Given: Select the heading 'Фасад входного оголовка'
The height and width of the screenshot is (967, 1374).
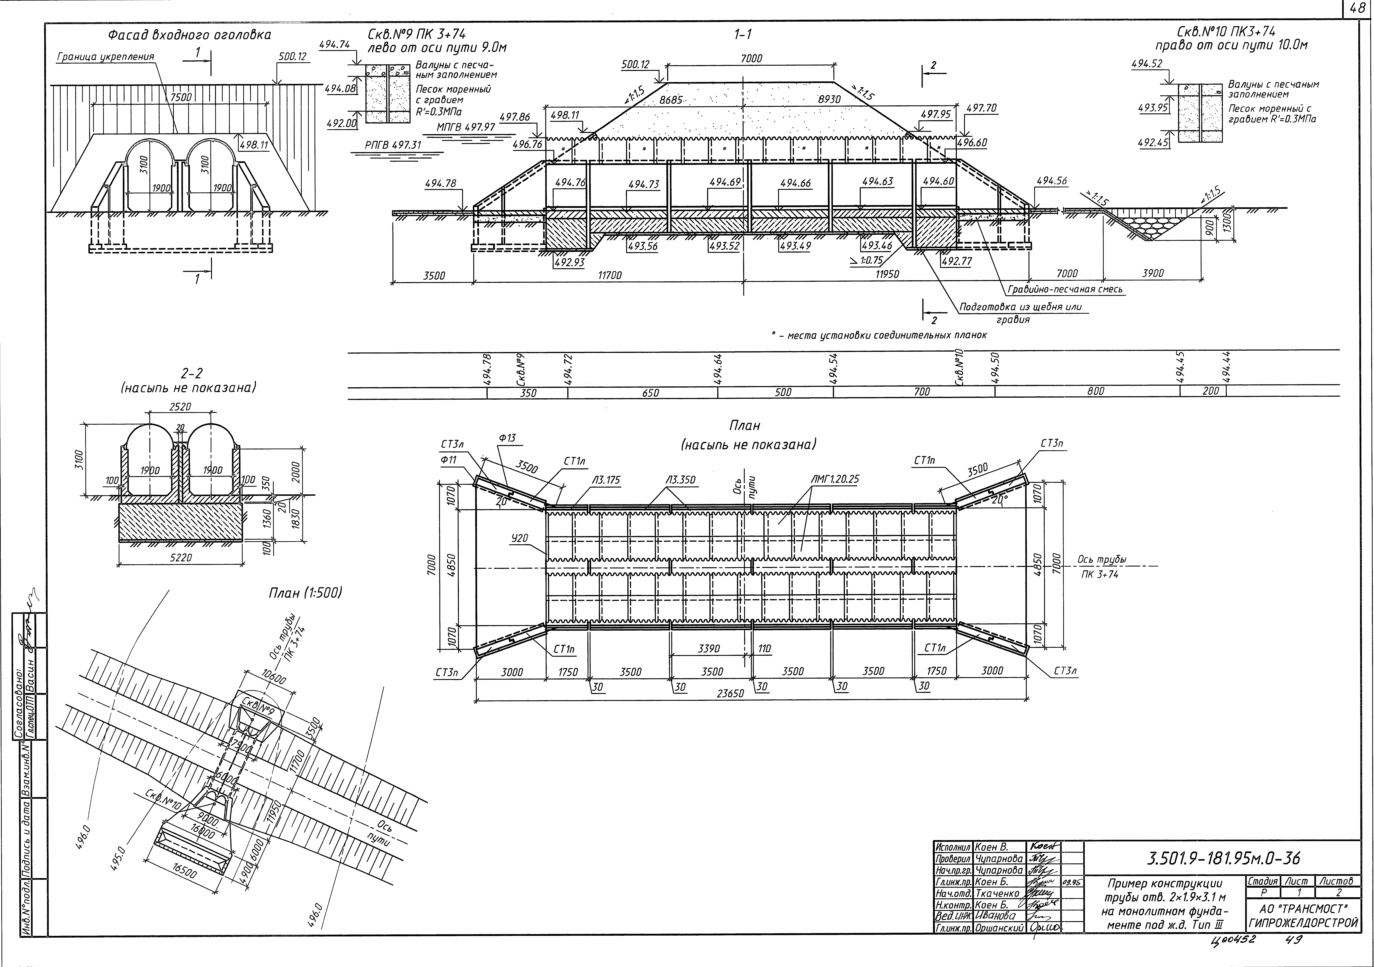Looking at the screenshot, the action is (189, 35).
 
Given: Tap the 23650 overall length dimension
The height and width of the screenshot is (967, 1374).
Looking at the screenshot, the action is (731, 694).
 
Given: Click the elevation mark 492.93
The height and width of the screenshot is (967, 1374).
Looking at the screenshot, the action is (569, 262).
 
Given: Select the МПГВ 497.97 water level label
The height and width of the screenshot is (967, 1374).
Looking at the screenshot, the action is (466, 128).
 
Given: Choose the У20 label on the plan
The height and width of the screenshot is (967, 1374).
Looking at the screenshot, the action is (519, 538).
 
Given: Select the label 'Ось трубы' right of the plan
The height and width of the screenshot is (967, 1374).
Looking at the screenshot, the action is (1102, 559).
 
